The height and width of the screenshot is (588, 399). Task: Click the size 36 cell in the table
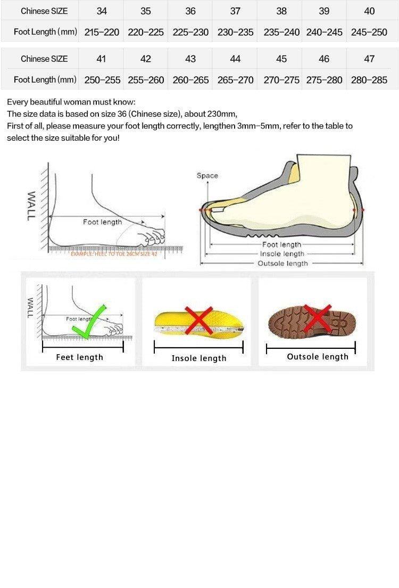pos(190,11)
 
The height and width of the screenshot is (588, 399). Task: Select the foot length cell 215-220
pos(102,32)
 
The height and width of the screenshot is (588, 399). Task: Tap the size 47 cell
pos(369,59)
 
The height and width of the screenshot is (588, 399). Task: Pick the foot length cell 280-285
pos(369,80)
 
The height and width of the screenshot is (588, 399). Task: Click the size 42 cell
pos(146,59)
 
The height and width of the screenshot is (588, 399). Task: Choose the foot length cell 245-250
pos(369,32)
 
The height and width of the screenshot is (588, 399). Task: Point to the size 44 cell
pos(235,59)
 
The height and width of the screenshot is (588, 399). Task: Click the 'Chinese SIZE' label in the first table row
pos(44,11)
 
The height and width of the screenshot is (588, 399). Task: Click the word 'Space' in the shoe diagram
pos(207,176)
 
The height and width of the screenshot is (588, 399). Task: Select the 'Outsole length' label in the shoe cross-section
pos(282,264)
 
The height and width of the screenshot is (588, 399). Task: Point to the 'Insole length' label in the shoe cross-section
pos(282,254)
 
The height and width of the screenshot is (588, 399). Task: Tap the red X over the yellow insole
pos(199,321)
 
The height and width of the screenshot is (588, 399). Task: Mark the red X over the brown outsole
pos(318,319)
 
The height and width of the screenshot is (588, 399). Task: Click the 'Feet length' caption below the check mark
pos(79,357)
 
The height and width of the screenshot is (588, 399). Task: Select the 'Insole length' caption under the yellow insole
pos(199,358)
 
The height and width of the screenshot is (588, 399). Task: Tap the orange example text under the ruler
pos(114,255)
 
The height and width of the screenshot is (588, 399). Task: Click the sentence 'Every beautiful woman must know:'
pos(71,102)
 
